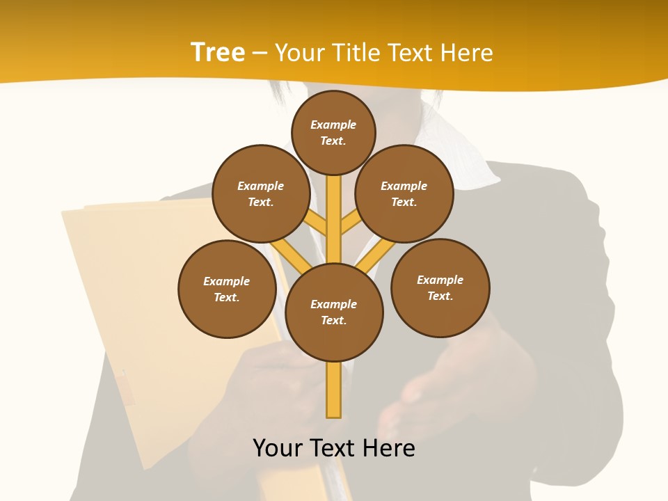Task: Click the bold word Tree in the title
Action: [x=218, y=52]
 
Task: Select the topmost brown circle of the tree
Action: [x=333, y=132]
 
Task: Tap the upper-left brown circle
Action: [x=261, y=193]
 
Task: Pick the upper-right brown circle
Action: [x=404, y=193]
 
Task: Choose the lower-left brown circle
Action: [x=227, y=289]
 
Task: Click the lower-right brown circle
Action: [x=440, y=287]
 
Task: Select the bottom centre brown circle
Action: [x=334, y=312]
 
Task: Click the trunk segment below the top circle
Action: [x=334, y=209]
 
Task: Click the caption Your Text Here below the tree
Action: [x=334, y=448]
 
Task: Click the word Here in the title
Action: [x=466, y=52]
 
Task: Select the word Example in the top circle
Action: [x=333, y=125]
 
